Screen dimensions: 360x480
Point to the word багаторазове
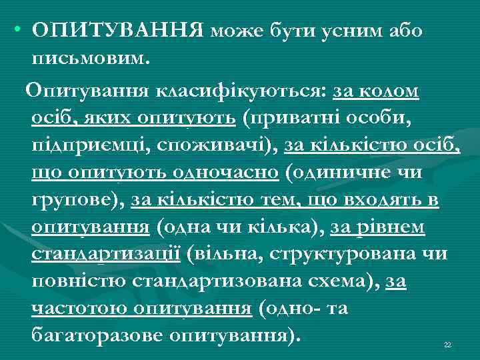click(x=96, y=336)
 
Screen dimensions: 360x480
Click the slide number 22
click(x=447, y=345)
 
